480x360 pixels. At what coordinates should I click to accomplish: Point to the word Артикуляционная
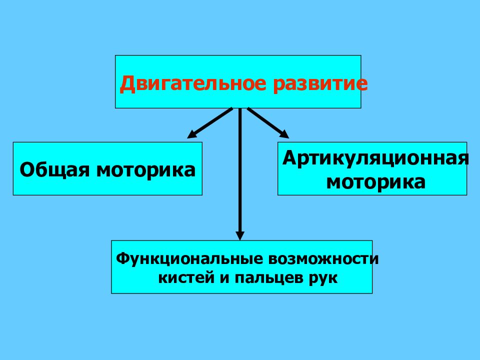tap(375, 158)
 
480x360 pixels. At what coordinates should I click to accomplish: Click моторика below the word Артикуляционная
tap(376, 182)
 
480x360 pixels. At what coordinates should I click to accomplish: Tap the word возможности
tap(323, 259)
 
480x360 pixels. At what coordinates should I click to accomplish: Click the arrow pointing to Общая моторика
tap(210, 123)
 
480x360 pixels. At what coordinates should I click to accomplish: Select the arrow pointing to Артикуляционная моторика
tap(268, 123)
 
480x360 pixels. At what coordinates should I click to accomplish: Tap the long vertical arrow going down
tap(240, 174)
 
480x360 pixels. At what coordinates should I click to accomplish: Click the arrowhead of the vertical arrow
tap(240, 235)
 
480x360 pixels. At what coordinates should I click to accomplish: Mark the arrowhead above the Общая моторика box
tap(191, 134)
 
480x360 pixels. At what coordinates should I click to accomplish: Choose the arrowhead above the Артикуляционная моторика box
tap(284, 134)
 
